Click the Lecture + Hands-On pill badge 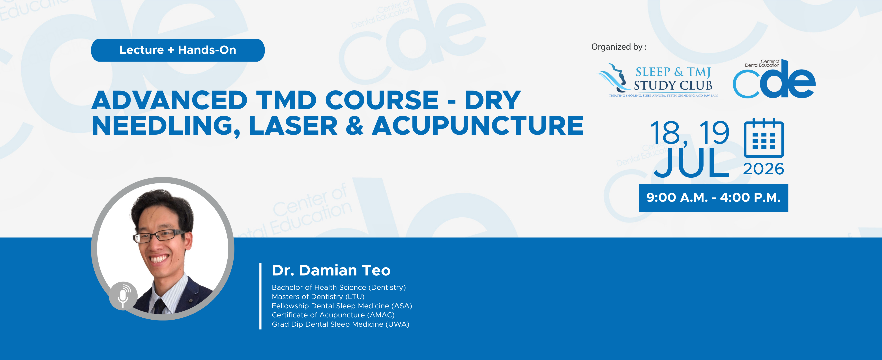(x=178, y=50)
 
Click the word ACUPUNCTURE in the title (x=478, y=126)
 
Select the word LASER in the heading (x=293, y=126)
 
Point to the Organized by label (x=619, y=47)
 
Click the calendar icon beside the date (x=764, y=137)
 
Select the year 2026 (x=764, y=169)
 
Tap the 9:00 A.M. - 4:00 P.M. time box (x=713, y=198)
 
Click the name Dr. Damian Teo (x=331, y=270)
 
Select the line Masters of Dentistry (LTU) (x=318, y=297)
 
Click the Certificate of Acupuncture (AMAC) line (x=333, y=315)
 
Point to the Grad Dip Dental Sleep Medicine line (x=340, y=324)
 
